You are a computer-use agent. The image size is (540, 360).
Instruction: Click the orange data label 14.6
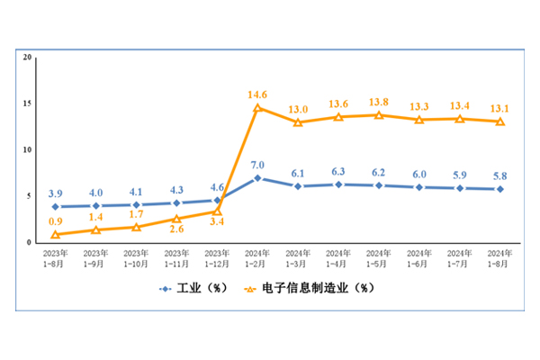pos(258,93)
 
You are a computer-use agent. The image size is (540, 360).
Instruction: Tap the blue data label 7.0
pos(257,165)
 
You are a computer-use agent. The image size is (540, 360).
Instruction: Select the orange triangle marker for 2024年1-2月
pos(257,108)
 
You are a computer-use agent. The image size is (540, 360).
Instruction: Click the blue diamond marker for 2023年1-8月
pos(56,207)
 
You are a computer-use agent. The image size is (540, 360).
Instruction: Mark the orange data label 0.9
pos(56,221)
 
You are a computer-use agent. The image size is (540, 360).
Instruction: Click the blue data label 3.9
pos(56,193)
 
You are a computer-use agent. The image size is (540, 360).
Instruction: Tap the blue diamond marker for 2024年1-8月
pos(499,189)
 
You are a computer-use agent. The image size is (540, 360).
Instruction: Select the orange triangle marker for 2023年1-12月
pos(217,211)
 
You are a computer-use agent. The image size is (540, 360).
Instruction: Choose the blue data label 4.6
pos(217,188)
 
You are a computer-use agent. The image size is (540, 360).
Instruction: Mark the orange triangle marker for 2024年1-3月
pos(298,122)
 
